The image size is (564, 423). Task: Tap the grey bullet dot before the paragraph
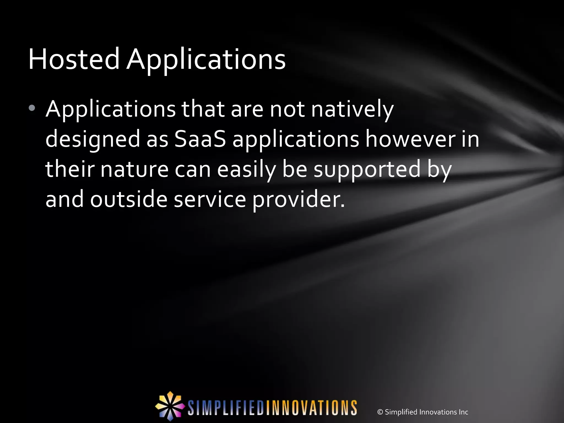click(x=32, y=108)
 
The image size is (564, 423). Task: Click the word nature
click(x=134, y=169)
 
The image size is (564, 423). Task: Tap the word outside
click(x=129, y=199)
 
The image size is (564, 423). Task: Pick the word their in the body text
click(x=70, y=169)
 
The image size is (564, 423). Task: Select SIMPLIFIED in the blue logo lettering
click(x=226, y=408)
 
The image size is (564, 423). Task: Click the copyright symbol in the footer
click(x=380, y=412)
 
